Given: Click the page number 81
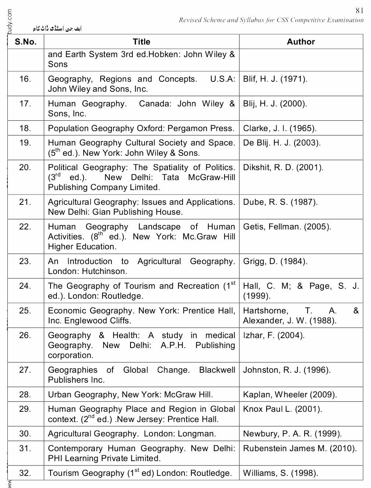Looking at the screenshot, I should [x=360, y=11].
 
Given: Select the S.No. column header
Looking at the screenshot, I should [x=25, y=42].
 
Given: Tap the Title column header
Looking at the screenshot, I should [x=141, y=42].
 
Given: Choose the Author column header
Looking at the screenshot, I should [x=301, y=42].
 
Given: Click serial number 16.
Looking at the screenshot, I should [x=25, y=79].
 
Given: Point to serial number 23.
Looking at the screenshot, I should [x=25, y=261].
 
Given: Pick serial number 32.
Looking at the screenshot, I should [x=25, y=473].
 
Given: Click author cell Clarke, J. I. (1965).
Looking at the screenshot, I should [x=280, y=129].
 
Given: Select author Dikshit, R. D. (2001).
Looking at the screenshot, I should [x=283, y=168].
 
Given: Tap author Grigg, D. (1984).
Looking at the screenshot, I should [x=275, y=261].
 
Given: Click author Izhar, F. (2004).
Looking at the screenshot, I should [x=273, y=336].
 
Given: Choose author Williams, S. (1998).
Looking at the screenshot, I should [x=280, y=473].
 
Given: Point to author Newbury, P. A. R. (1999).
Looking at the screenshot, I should [x=292, y=434].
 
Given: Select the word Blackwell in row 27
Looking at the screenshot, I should [x=217, y=370].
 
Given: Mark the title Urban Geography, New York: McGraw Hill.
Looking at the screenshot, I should [x=130, y=395].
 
